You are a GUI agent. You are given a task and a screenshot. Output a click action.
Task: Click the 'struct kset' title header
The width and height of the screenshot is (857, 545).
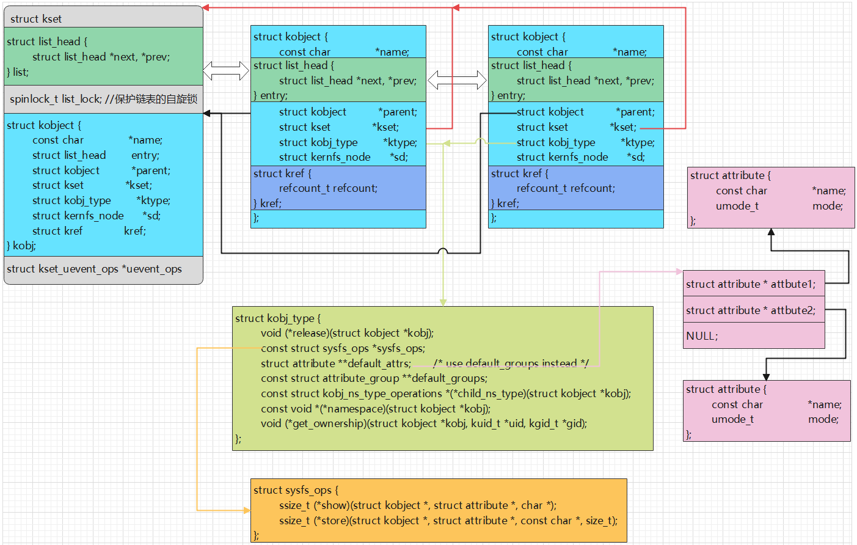tap(36, 19)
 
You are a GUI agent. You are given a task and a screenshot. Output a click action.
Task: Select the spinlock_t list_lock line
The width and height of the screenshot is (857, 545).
tap(103, 99)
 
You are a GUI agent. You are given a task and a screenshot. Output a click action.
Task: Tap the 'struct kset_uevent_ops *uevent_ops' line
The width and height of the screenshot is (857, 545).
tap(94, 269)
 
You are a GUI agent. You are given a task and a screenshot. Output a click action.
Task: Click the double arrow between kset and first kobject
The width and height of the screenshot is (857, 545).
tap(226, 71)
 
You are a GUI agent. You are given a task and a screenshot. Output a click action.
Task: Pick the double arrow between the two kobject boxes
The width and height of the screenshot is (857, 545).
tap(457, 81)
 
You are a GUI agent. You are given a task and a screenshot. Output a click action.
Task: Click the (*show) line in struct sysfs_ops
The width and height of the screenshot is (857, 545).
tap(417, 505)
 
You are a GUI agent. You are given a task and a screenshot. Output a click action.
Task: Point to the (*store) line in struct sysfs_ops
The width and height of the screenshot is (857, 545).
tap(448, 521)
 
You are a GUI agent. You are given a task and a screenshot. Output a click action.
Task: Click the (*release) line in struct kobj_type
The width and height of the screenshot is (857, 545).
tap(347, 333)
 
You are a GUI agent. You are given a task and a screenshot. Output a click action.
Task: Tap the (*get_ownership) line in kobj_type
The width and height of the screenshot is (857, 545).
tap(424, 423)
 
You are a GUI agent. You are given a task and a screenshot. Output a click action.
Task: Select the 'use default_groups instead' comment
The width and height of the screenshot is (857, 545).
tap(511, 363)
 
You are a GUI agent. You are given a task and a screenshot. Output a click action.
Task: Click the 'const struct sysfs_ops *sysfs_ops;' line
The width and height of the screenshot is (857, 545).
tap(343, 348)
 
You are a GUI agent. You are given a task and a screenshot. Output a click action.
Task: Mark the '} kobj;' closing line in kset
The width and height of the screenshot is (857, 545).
tap(21, 246)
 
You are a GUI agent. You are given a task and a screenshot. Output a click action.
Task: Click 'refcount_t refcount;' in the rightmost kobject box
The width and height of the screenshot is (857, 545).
tap(566, 188)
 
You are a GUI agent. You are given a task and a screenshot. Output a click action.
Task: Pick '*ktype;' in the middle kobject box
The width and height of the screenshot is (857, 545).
tap(400, 142)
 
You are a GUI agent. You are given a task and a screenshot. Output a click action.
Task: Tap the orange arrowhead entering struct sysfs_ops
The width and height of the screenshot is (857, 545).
tap(247, 510)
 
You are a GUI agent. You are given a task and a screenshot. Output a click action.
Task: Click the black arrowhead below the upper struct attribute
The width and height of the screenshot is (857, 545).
tap(771, 232)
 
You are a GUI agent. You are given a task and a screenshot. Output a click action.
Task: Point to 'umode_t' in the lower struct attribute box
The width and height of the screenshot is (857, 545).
tap(732, 420)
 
